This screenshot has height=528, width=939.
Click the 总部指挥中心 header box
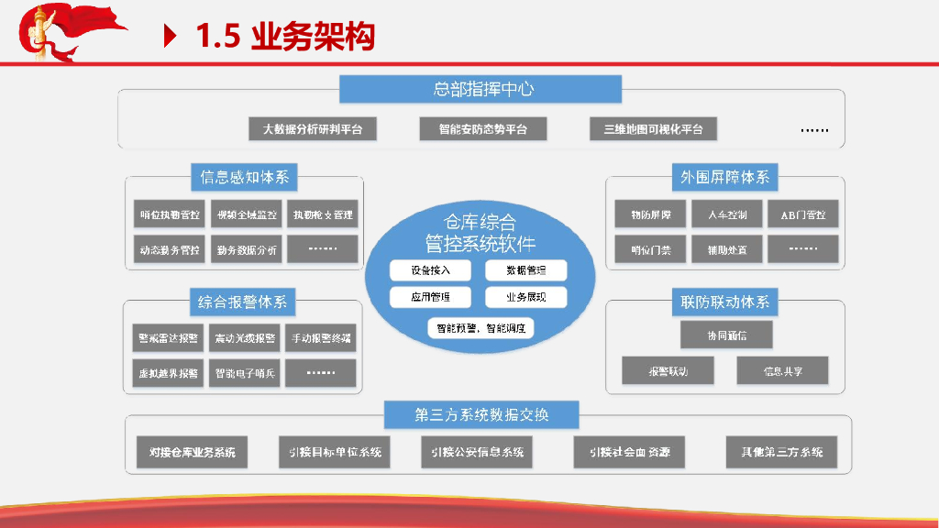tap(481, 89)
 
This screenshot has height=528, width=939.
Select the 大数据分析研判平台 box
tap(313, 129)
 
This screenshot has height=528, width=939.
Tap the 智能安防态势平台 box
tap(482, 129)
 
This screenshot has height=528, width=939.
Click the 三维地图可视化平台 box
tap(653, 129)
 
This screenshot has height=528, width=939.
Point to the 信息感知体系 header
tap(244, 177)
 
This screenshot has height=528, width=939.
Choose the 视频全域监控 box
tap(247, 215)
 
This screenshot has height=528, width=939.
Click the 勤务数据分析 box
tap(247, 249)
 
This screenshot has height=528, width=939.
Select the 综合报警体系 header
tap(242, 301)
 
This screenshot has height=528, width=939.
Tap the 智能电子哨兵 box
tap(245, 373)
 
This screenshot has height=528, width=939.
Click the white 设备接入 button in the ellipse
tap(430, 270)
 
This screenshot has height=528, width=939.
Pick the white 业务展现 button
tap(525, 298)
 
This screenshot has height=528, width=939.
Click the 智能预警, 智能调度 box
tap(481, 327)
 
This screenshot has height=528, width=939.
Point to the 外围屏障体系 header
tap(725, 177)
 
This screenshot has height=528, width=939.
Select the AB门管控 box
tap(802, 215)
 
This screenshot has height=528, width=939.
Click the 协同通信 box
tap(726, 335)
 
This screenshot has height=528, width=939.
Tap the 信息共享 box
tap(782, 371)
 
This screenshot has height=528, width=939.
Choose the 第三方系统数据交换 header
tap(481, 414)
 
